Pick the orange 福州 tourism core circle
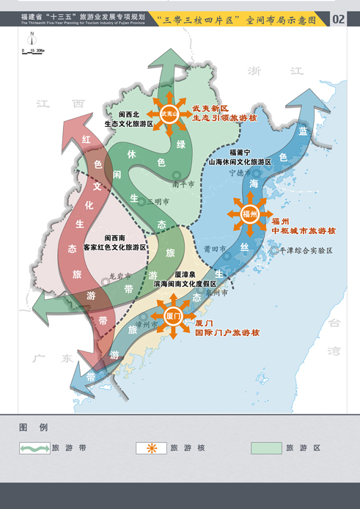click(x=249, y=214)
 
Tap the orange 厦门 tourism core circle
click(x=173, y=317)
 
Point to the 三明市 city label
click(x=158, y=201)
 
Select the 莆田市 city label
click(x=216, y=249)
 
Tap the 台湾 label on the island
click(x=334, y=334)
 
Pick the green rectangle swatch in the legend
click(x=266, y=447)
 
